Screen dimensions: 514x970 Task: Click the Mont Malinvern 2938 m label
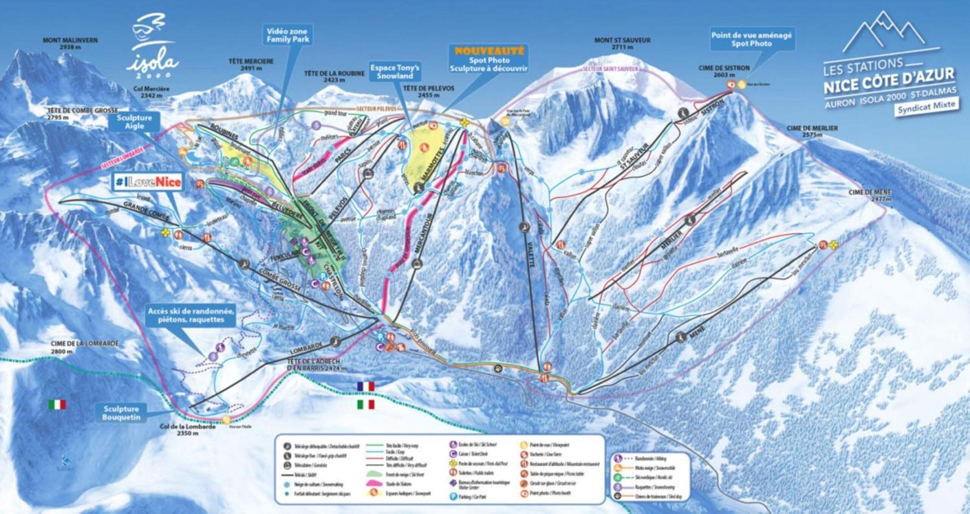[70, 43]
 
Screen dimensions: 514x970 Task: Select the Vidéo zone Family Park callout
[287, 35]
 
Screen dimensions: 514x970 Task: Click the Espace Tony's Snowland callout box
[395, 72]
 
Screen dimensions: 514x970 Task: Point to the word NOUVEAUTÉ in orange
[489, 51]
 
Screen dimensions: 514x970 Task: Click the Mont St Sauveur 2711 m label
[622, 43]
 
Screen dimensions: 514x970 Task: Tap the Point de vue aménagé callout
[751, 39]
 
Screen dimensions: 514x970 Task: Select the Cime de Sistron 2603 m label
[724, 71]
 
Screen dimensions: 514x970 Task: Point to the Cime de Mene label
[870, 195]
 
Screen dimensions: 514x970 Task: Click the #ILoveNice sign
[148, 182]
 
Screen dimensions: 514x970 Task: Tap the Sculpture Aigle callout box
[134, 122]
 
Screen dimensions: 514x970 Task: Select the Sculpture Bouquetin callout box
[121, 413]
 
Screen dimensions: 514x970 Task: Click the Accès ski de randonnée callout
[191, 315]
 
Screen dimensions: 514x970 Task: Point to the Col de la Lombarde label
[187, 430]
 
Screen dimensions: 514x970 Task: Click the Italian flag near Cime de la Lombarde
[57, 404]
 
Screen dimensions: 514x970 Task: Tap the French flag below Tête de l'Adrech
[366, 386]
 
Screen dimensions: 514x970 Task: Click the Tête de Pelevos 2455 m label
[428, 91]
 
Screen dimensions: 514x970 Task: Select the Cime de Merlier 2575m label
[812, 131]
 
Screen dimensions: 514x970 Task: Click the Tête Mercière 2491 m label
[251, 65]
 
